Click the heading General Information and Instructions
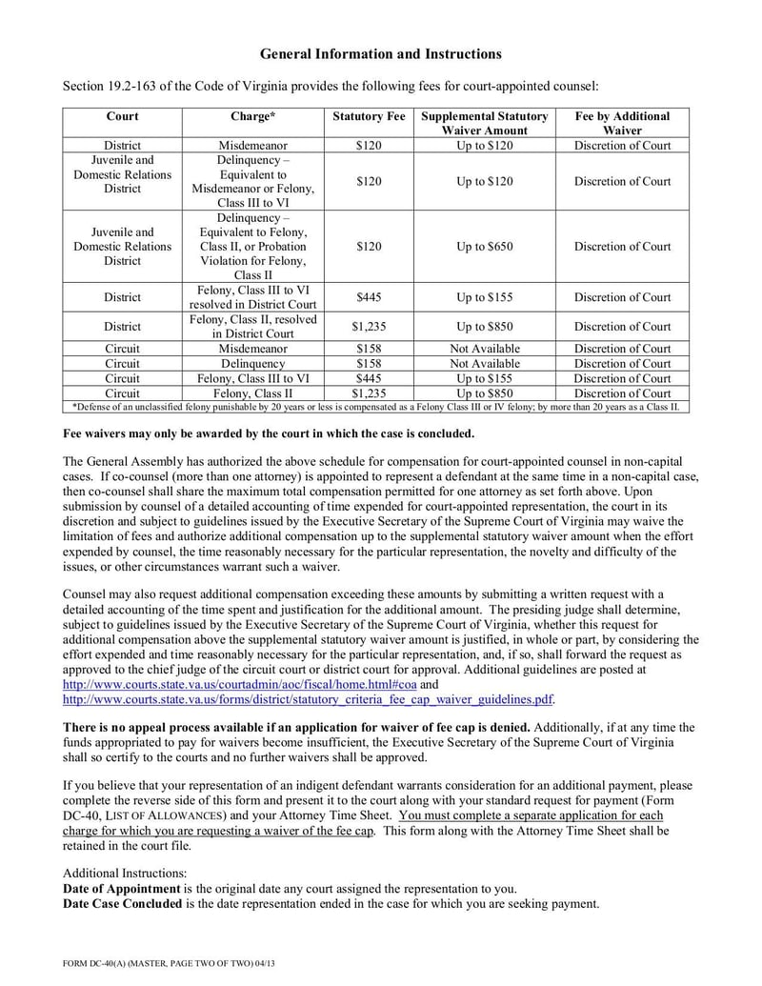tap(380, 54)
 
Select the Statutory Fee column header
tap(369, 116)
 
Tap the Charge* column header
tap(252, 116)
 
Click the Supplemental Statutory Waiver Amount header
tap(485, 123)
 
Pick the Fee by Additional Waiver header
tap(622, 123)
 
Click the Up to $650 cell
tap(485, 247)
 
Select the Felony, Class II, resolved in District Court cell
tap(252, 326)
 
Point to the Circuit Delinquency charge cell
tap(252, 364)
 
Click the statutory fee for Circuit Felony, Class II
tap(369, 392)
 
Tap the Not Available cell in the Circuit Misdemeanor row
tap(485, 349)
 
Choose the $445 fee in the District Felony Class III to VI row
tap(369, 297)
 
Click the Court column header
tap(122, 116)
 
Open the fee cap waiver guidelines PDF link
tap(307, 698)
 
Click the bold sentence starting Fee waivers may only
tap(268, 433)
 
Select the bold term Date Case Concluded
tap(121, 903)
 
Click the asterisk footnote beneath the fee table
tap(376, 407)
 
